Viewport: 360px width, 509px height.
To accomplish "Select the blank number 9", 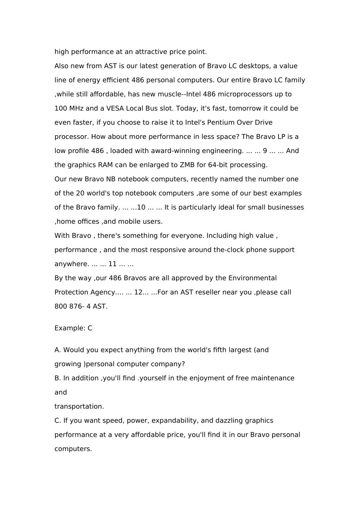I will (265, 151).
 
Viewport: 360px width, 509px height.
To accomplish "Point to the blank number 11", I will (113, 264).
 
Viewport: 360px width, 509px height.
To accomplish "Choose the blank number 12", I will (138, 292).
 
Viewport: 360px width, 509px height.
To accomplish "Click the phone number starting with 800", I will (81, 306).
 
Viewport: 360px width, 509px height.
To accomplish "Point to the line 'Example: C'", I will (73, 328).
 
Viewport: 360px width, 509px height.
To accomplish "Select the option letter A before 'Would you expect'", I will (57, 350).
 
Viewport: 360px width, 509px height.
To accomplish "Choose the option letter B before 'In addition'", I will (57, 378).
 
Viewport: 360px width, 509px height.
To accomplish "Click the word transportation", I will (79, 407).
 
